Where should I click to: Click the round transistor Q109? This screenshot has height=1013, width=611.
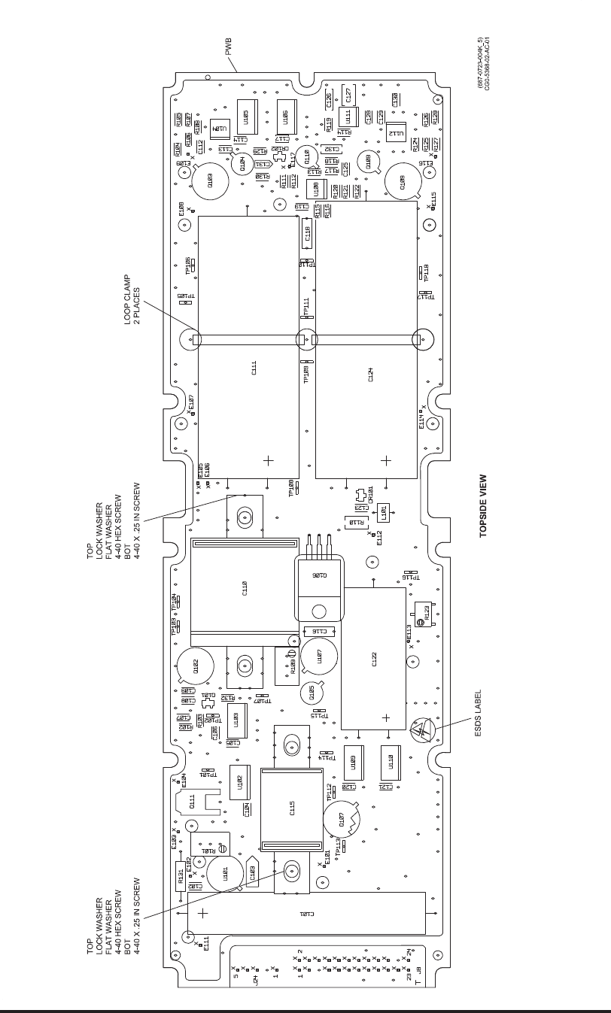click(403, 182)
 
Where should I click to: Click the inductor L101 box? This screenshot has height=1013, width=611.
click(382, 514)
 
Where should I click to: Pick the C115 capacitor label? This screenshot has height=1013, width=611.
click(292, 809)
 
